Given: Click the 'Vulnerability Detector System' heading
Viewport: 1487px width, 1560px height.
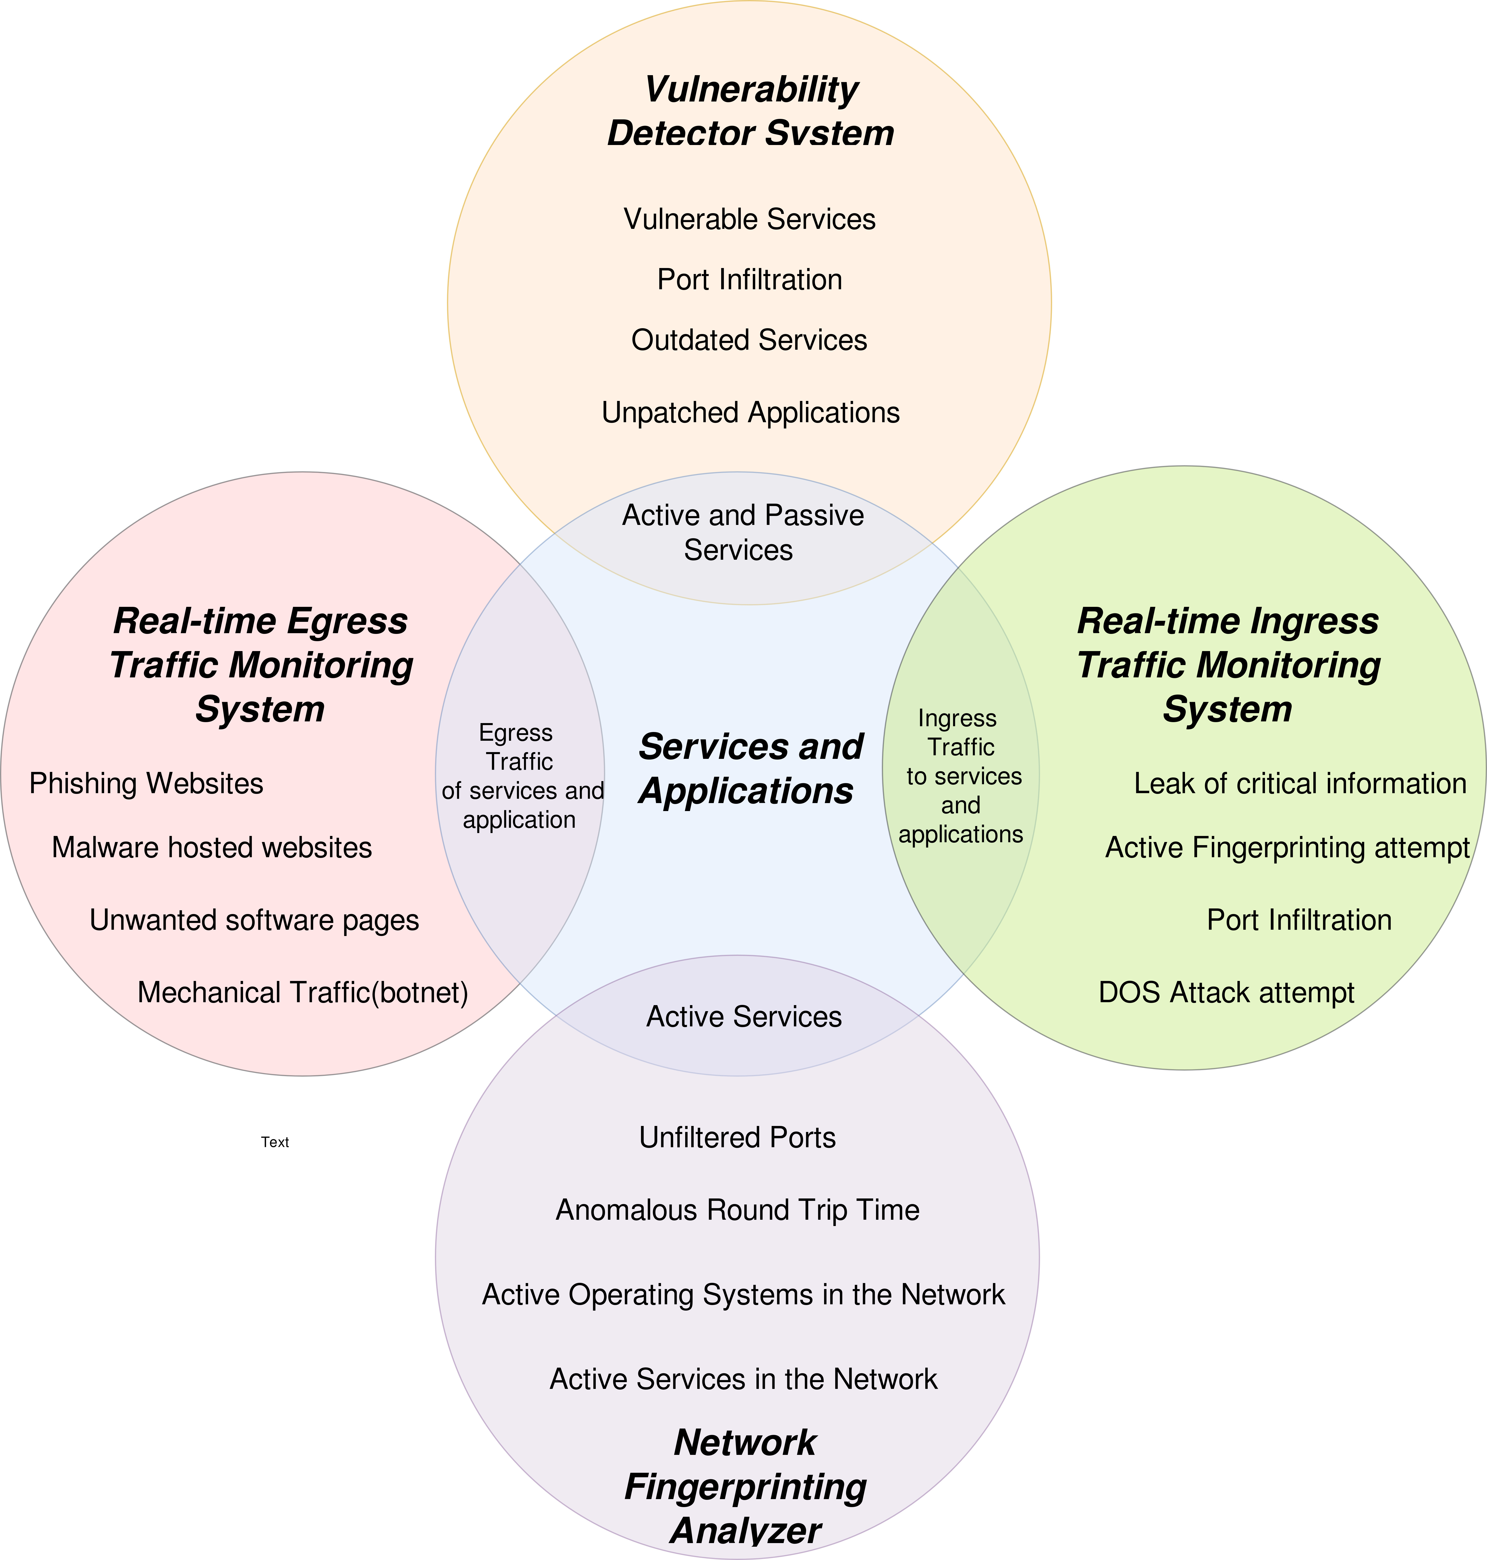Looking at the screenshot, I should click(x=751, y=111).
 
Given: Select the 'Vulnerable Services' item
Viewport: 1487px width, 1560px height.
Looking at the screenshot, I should click(x=749, y=219).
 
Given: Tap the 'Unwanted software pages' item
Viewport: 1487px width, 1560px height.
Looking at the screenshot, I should click(x=254, y=920).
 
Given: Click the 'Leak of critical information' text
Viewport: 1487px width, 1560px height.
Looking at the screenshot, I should click(x=1300, y=784).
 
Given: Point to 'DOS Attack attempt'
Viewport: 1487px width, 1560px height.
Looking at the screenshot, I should click(x=1226, y=992).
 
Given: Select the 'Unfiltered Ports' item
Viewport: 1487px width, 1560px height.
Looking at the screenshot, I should click(x=737, y=1137).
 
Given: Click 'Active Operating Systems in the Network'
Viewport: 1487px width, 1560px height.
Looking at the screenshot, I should click(x=743, y=1294).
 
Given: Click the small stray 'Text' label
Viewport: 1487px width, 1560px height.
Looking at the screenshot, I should click(x=275, y=1142).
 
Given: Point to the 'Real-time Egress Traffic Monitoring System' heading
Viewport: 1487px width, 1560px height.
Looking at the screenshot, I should click(x=261, y=665).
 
